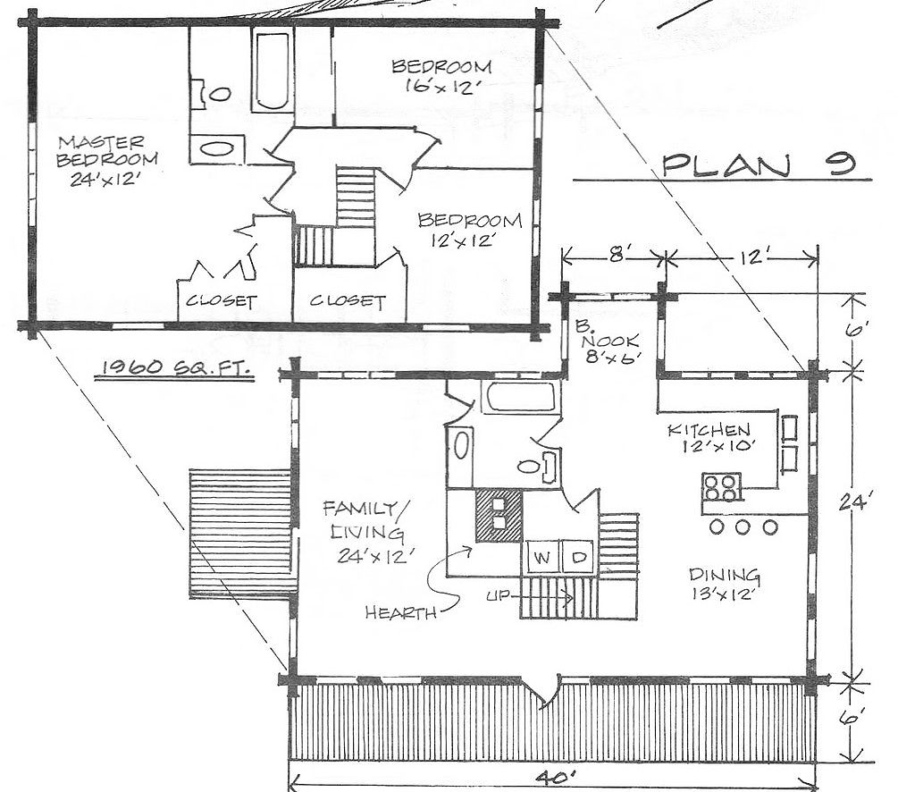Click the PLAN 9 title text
(x=760, y=165)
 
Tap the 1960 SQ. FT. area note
(x=174, y=367)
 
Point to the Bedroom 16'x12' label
(x=441, y=76)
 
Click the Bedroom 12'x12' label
(x=470, y=229)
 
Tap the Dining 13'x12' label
(x=725, y=584)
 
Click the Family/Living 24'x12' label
(x=366, y=532)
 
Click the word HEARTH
(x=401, y=612)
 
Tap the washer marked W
(x=542, y=556)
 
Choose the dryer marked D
(x=578, y=556)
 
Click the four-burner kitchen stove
(x=721, y=487)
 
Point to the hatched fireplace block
(x=499, y=515)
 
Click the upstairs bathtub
(x=272, y=71)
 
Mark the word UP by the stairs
(x=497, y=596)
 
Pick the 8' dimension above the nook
(x=617, y=254)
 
